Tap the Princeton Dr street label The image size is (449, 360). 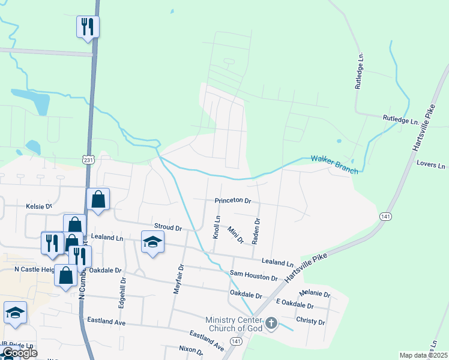(232, 201)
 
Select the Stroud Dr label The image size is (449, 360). (168, 228)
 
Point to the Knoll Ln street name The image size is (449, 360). (217, 227)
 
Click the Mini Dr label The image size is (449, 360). (235, 235)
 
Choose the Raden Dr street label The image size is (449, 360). (256, 230)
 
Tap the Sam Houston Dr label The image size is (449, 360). (254, 278)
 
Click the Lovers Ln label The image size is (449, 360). (432, 165)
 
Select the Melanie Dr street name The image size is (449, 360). (315, 294)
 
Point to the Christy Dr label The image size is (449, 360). (310, 322)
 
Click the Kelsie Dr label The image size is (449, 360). (39, 206)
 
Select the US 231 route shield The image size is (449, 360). (89, 160)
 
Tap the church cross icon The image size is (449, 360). (271, 324)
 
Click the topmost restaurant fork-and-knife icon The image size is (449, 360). (88, 26)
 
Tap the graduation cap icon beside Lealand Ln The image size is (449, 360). (152, 242)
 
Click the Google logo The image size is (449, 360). (19, 353)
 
